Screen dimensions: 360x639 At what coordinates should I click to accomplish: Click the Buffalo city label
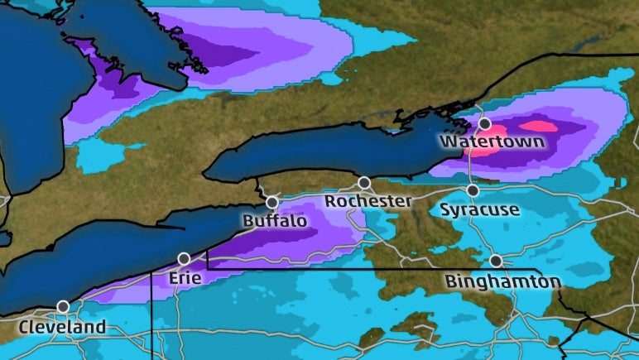point(274,222)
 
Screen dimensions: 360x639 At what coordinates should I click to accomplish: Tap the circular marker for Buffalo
point(271,202)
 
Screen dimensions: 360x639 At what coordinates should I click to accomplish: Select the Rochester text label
point(368,201)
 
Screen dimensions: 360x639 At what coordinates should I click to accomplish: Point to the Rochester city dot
point(363,182)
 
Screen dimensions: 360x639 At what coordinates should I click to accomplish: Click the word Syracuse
point(479,209)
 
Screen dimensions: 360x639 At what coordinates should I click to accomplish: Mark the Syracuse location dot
point(473,190)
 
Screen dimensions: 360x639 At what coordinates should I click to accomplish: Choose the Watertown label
point(492,142)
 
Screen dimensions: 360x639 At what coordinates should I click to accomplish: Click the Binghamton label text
point(503,282)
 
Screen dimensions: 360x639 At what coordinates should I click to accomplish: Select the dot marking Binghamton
point(495,261)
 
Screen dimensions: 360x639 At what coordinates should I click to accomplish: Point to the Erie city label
point(185,277)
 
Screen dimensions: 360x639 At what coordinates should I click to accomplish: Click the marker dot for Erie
point(184,258)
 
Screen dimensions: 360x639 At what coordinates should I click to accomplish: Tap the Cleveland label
point(63,327)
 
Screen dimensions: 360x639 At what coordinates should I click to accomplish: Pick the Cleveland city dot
point(63,306)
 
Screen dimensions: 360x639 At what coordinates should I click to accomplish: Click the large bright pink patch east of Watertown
point(538,126)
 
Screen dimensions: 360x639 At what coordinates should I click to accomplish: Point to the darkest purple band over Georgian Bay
point(223,54)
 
